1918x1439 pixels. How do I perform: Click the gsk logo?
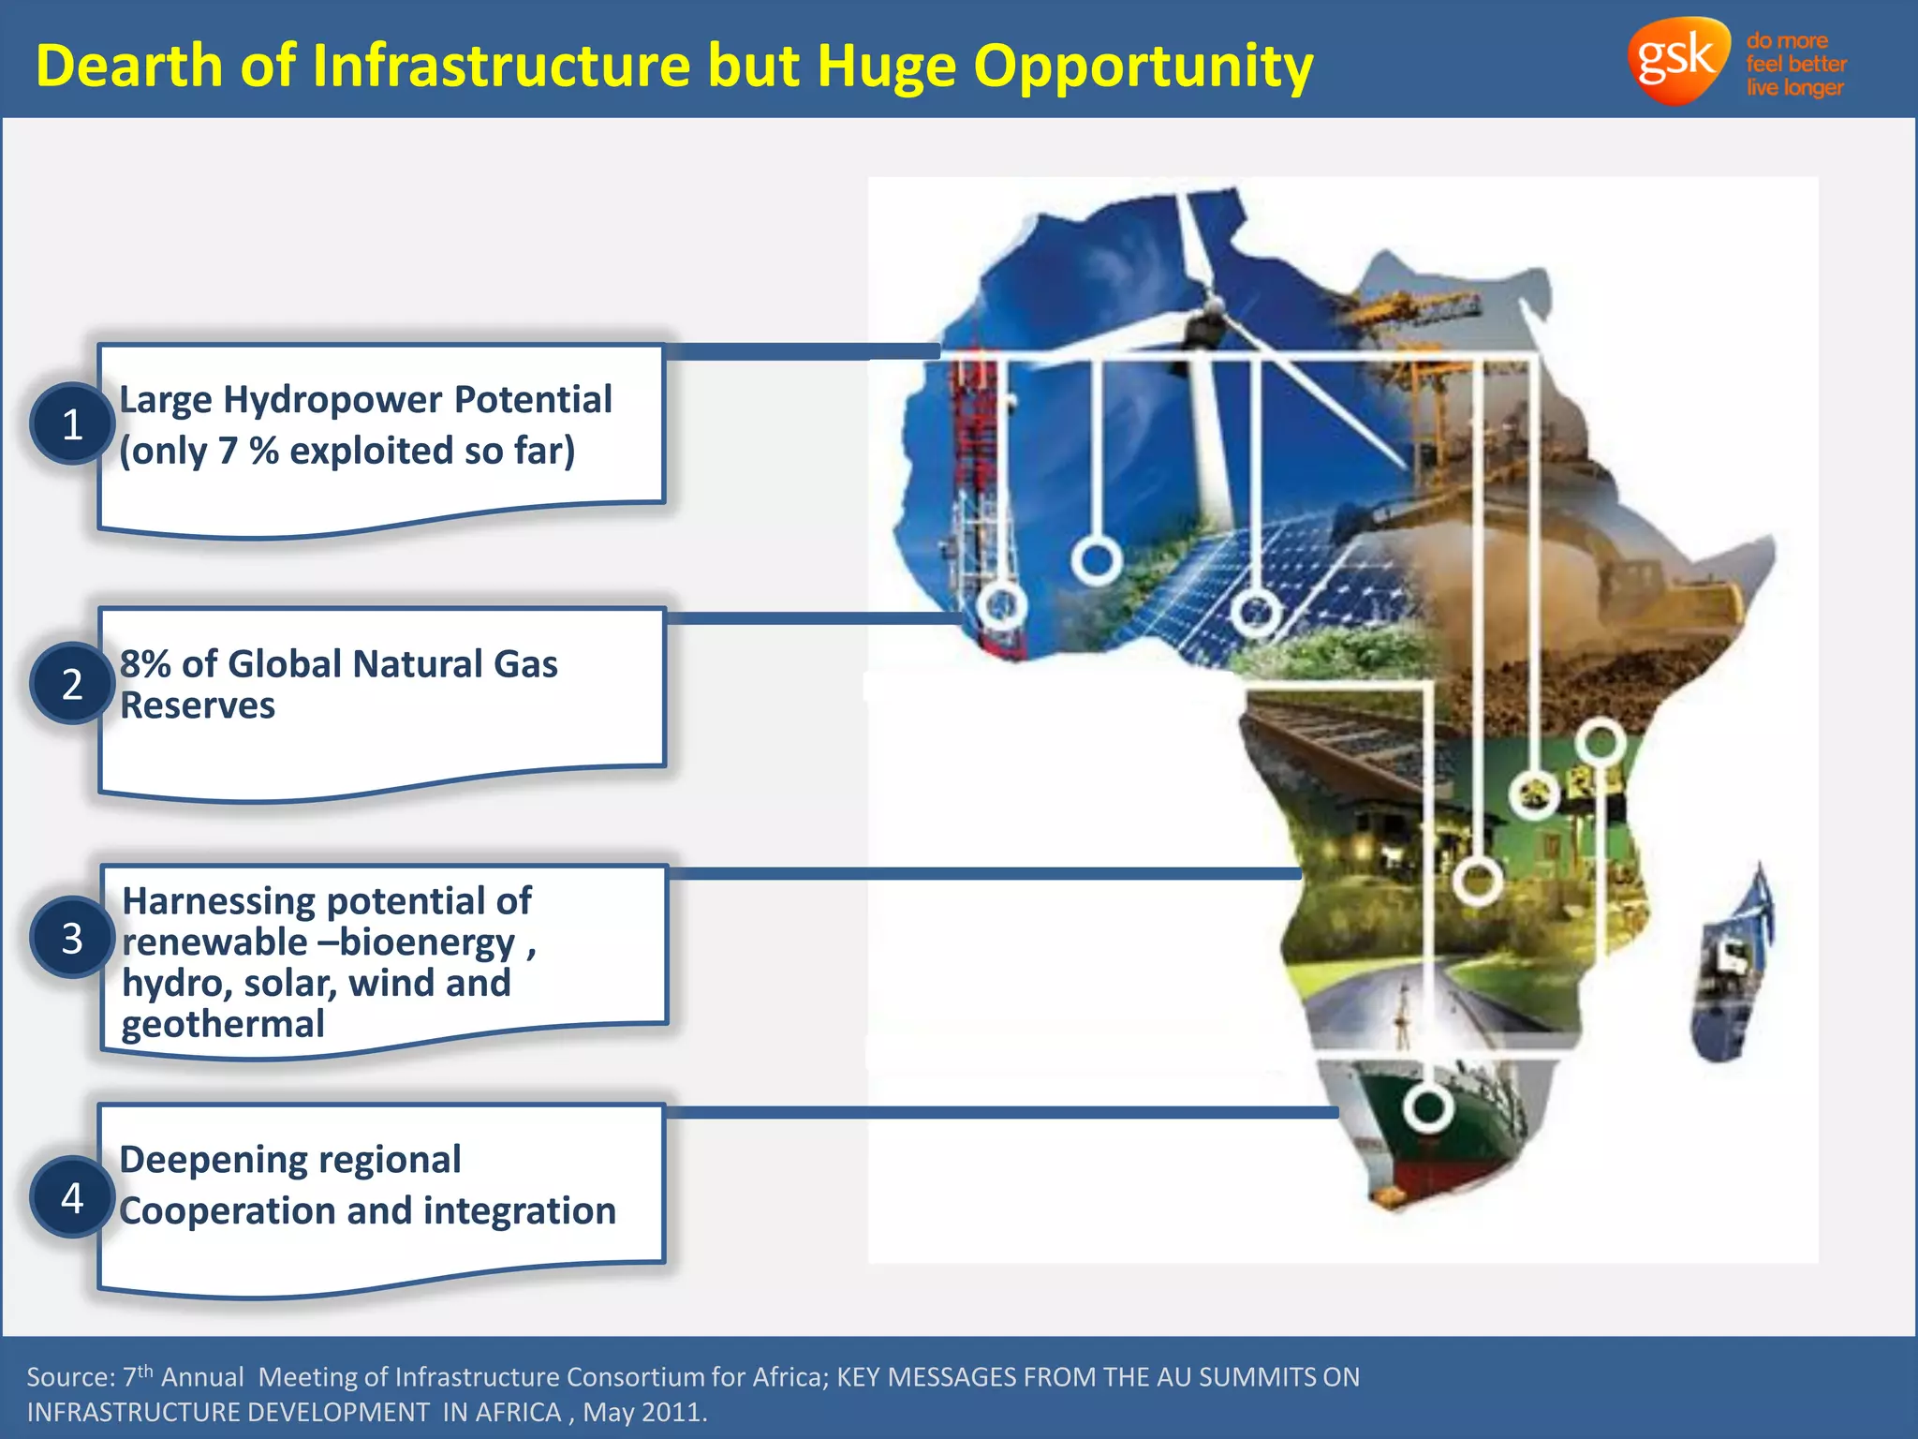point(1676,60)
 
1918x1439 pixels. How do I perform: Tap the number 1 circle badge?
point(72,424)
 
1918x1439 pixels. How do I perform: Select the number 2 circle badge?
point(72,684)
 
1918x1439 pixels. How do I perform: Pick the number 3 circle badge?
point(72,938)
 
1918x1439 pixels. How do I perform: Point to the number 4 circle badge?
point(72,1197)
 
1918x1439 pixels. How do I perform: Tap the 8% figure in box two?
point(145,663)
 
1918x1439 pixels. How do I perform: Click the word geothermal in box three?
point(223,1024)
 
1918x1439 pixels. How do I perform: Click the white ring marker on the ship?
point(1427,1108)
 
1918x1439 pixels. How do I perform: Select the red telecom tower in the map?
point(974,487)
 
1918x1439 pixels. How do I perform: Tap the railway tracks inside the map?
point(1330,740)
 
